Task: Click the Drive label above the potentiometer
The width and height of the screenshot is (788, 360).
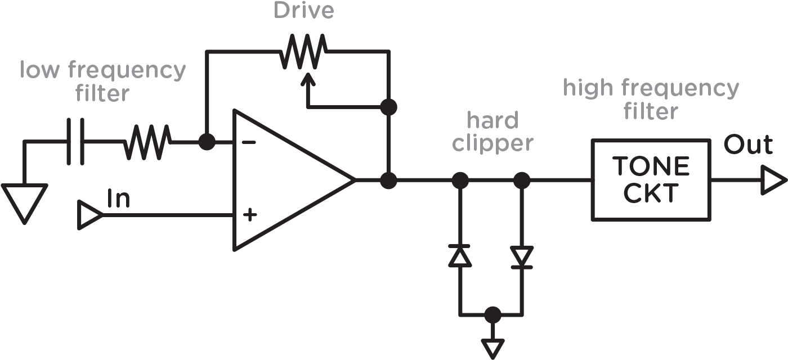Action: [303, 11]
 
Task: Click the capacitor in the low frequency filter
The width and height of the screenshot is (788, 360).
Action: [75, 142]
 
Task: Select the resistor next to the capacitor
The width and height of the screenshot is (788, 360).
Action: [146, 142]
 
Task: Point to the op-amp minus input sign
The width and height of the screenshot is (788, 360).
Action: [248, 143]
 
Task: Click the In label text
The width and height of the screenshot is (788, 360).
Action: [118, 199]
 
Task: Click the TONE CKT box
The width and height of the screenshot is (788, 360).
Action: [651, 180]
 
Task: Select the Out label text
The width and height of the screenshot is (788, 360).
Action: [747, 146]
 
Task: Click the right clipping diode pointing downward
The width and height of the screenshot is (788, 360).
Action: [522, 256]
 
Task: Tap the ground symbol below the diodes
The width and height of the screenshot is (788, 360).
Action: [492, 346]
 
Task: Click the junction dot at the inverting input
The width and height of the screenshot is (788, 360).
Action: [207, 142]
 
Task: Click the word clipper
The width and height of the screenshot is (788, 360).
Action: [492, 144]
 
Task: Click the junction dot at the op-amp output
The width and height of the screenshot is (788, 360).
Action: [388, 180]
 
